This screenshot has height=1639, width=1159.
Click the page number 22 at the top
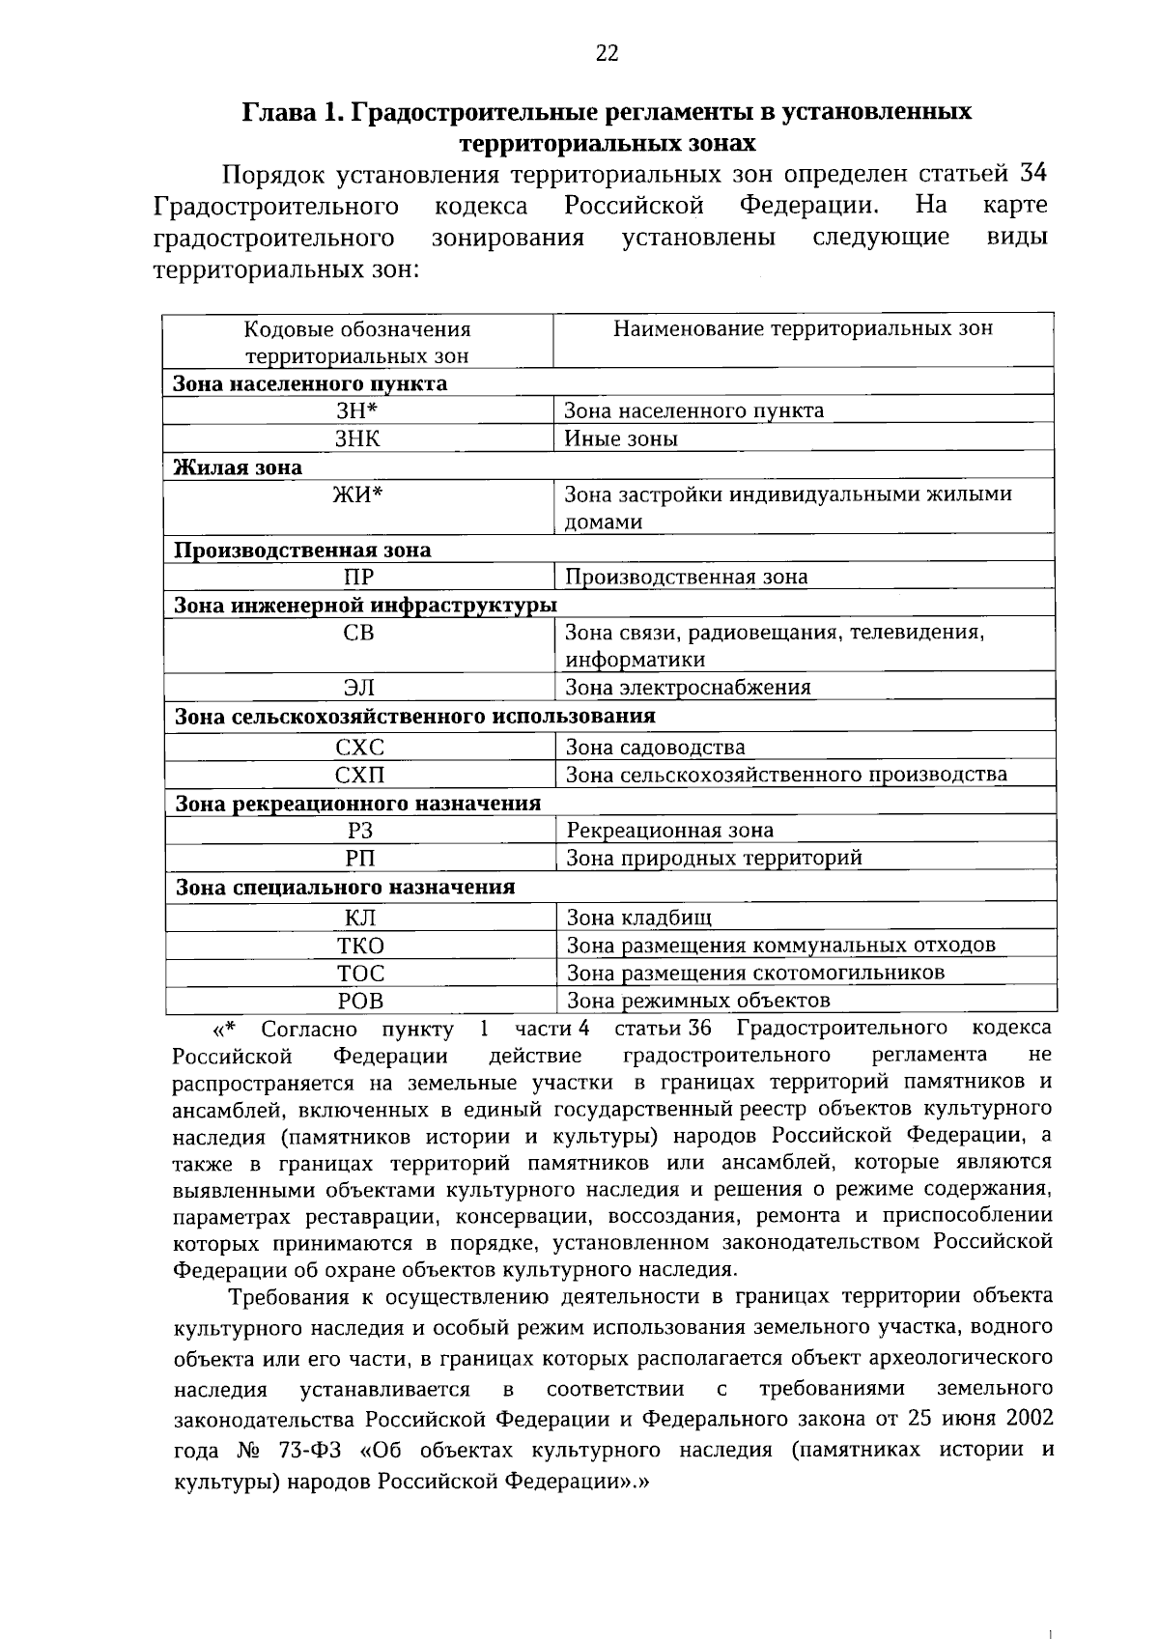point(607,54)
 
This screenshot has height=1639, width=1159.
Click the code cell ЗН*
point(357,410)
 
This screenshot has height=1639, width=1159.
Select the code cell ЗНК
point(357,438)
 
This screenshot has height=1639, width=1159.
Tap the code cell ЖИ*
point(358,495)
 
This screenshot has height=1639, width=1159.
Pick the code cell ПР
point(358,578)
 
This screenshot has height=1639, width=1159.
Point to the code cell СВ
point(358,634)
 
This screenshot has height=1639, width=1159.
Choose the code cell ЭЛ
point(359,688)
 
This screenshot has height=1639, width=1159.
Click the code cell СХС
point(359,748)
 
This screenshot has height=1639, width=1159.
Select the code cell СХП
point(359,775)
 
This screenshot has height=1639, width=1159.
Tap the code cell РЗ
point(360,831)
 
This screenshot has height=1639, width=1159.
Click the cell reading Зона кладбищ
point(638,918)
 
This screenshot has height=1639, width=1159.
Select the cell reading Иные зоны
point(621,438)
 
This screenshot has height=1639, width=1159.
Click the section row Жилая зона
point(238,467)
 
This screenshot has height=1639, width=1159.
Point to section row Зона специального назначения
point(345,887)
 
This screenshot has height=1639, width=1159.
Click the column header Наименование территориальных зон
point(803,329)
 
